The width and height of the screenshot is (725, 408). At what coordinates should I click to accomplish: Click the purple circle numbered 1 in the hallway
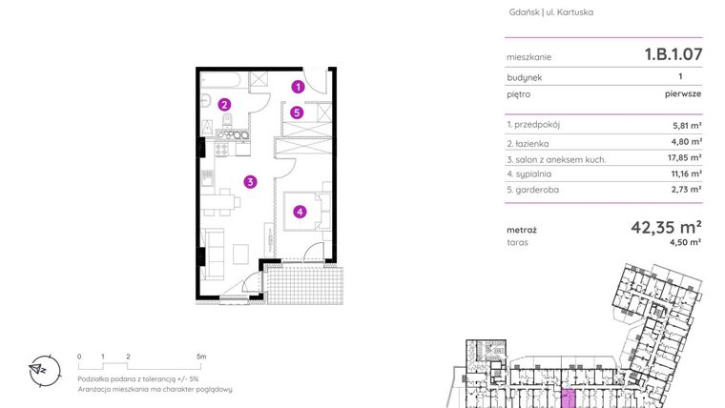298,87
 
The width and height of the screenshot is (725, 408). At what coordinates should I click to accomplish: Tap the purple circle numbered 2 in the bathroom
223,105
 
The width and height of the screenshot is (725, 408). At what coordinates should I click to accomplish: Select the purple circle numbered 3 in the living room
249,181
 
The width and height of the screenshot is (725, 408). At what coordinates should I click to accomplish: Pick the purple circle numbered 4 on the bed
300,212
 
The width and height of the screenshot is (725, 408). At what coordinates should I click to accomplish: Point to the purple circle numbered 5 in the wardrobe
298,112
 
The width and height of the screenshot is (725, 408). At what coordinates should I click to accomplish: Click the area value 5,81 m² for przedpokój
687,125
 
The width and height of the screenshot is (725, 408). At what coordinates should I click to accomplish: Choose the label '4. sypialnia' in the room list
529,173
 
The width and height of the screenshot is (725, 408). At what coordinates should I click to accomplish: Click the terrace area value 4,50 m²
687,243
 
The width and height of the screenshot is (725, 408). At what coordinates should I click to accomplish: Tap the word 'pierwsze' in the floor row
684,94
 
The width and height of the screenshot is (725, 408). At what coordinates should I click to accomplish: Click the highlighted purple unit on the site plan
570,398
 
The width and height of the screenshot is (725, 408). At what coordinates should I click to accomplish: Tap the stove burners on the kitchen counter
229,136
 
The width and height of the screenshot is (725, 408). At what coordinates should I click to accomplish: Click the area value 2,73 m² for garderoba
687,190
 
